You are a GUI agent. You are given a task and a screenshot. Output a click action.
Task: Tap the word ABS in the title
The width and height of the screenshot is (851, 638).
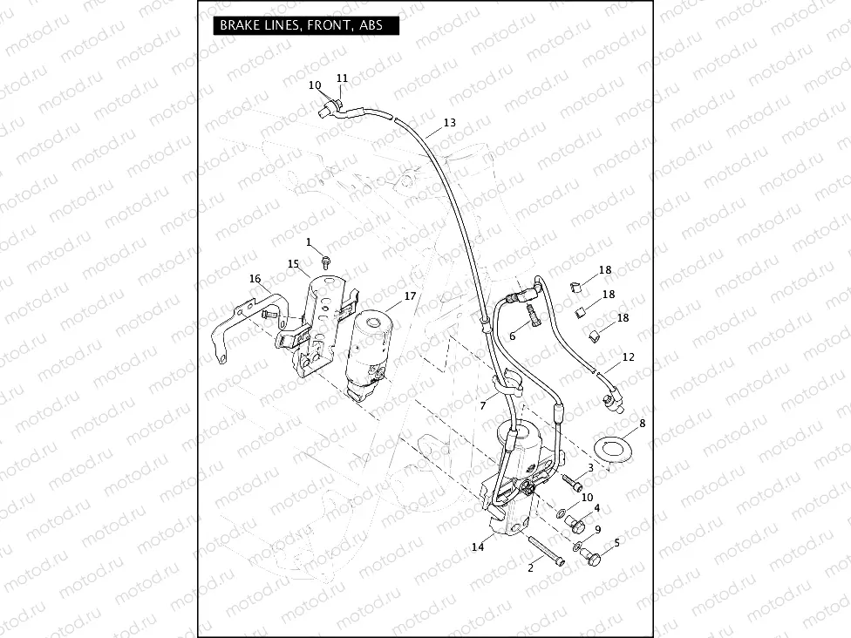click(371, 25)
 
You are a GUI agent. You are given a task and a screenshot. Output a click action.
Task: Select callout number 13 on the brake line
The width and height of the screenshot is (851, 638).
click(449, 123)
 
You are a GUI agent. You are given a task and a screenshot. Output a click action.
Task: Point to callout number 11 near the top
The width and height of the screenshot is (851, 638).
click(342, 78)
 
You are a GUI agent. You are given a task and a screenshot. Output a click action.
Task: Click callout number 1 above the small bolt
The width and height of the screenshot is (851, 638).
click(309, 241)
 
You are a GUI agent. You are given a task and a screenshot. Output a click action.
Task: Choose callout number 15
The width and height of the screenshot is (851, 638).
click(294, 263)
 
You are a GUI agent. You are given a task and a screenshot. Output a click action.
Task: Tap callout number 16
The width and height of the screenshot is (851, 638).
click(255, 279)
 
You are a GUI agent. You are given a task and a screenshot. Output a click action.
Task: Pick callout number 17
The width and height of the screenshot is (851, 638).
click(410, 296)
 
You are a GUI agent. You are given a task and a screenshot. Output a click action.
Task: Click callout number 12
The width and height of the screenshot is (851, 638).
click(629, 357)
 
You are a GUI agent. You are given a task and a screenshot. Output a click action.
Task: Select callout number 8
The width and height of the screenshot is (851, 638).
click(643, 424)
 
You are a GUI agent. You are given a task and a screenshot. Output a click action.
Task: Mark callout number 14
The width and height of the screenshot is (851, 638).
click(477, 547)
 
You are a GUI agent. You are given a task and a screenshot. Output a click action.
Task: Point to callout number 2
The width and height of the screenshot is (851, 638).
click(529, 567)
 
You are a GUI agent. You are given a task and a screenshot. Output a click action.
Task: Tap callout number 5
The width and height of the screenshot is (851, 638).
click(617, 542)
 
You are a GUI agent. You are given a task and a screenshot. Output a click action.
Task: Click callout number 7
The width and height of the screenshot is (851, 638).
click(482, 406)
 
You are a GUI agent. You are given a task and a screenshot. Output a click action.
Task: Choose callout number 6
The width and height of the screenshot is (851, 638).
click(512, 336)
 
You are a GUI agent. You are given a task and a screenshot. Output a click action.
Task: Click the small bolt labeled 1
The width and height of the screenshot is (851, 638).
click(325, 261)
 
